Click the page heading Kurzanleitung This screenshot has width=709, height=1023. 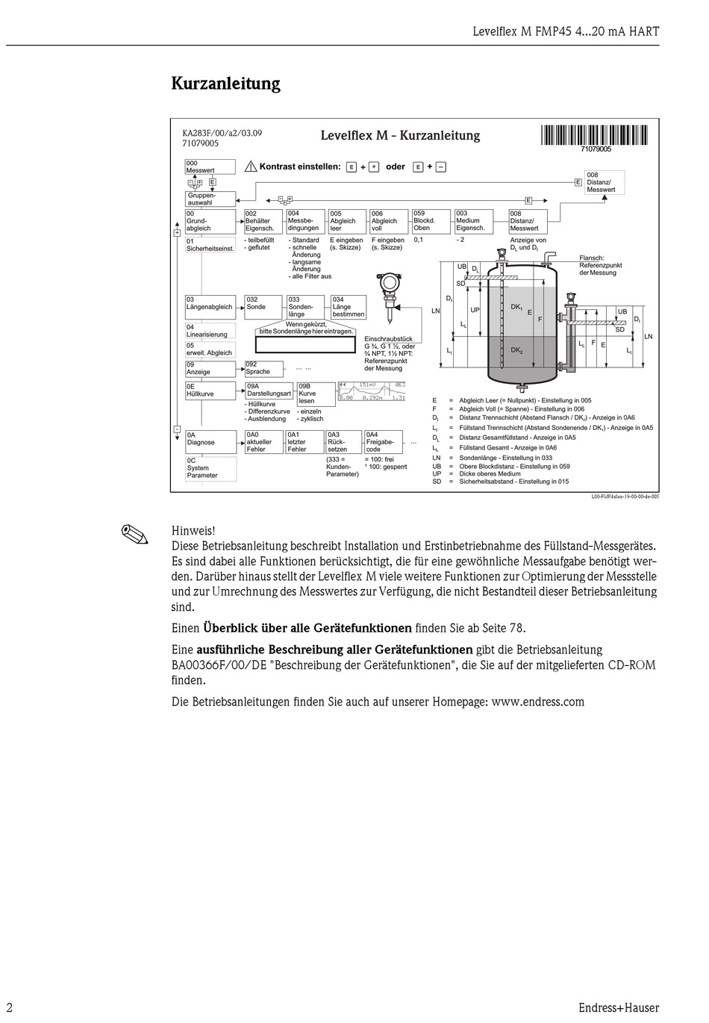coord(225,84)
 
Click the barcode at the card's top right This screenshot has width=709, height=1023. coord(595,136)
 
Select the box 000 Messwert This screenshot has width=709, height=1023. coord(210,167)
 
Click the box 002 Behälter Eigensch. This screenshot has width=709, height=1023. coord(263,221)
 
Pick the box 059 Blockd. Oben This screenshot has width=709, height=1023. coord(431,221)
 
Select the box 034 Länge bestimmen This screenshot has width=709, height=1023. coord(349,307)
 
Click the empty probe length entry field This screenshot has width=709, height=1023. coord(304,344)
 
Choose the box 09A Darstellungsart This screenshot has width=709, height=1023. coord(269,390)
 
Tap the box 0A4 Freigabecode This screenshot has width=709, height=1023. coord(383,441)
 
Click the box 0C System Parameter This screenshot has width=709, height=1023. coord(210,468)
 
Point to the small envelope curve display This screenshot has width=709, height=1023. coord(372,391)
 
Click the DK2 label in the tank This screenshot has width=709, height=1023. coord(516,349)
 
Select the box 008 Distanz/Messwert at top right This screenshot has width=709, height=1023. coord(604,182)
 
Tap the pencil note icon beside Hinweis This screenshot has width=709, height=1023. coord(136,534)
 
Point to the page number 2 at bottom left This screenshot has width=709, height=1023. coord(10,1007)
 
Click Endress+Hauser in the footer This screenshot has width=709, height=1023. coord(618,1007)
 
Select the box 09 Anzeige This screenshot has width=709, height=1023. coord(210,368)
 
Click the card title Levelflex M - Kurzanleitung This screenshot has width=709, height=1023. coord(400,136)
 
